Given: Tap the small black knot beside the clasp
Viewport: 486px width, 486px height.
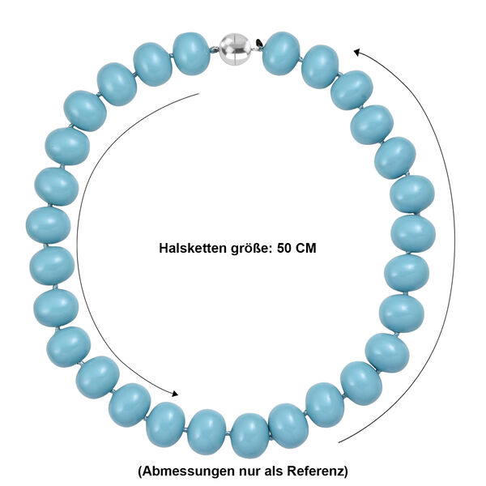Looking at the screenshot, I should point(258,42).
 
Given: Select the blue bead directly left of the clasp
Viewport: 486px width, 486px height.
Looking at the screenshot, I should point(192,53).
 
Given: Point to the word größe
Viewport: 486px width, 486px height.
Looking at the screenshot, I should point(246,249).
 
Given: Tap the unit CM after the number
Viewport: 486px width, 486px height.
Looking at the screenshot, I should point(305,249).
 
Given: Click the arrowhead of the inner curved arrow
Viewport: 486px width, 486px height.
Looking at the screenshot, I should point(176,394).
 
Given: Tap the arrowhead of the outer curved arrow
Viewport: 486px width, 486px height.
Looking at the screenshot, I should point(356,51).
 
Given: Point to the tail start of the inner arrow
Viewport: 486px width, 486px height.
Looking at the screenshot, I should point(199,93).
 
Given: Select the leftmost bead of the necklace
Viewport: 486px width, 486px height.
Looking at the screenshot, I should point(49,224).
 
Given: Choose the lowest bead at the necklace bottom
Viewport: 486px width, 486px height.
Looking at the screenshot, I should point(249,434).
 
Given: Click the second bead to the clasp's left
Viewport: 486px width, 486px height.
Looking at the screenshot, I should point(152,64).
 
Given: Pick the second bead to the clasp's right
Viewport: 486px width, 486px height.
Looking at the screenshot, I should point(320,66).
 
